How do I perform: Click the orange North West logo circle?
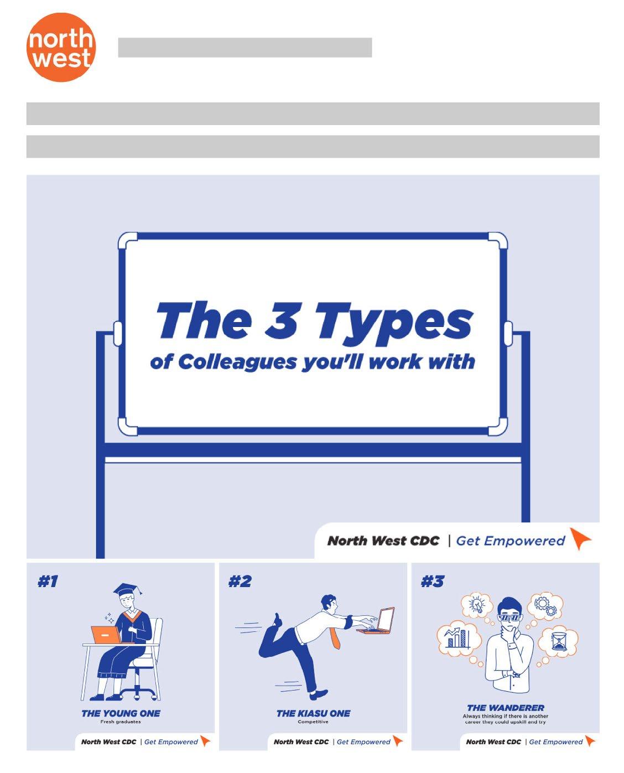[61, 47]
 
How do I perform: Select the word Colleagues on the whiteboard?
[237, 362]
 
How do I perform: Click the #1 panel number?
[48, 582]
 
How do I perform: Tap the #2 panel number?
[240, 582]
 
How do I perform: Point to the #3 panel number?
[431, 582]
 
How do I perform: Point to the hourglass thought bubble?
[558, 641]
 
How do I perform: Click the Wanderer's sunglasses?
[509, 618]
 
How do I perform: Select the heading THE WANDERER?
[506, 708]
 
